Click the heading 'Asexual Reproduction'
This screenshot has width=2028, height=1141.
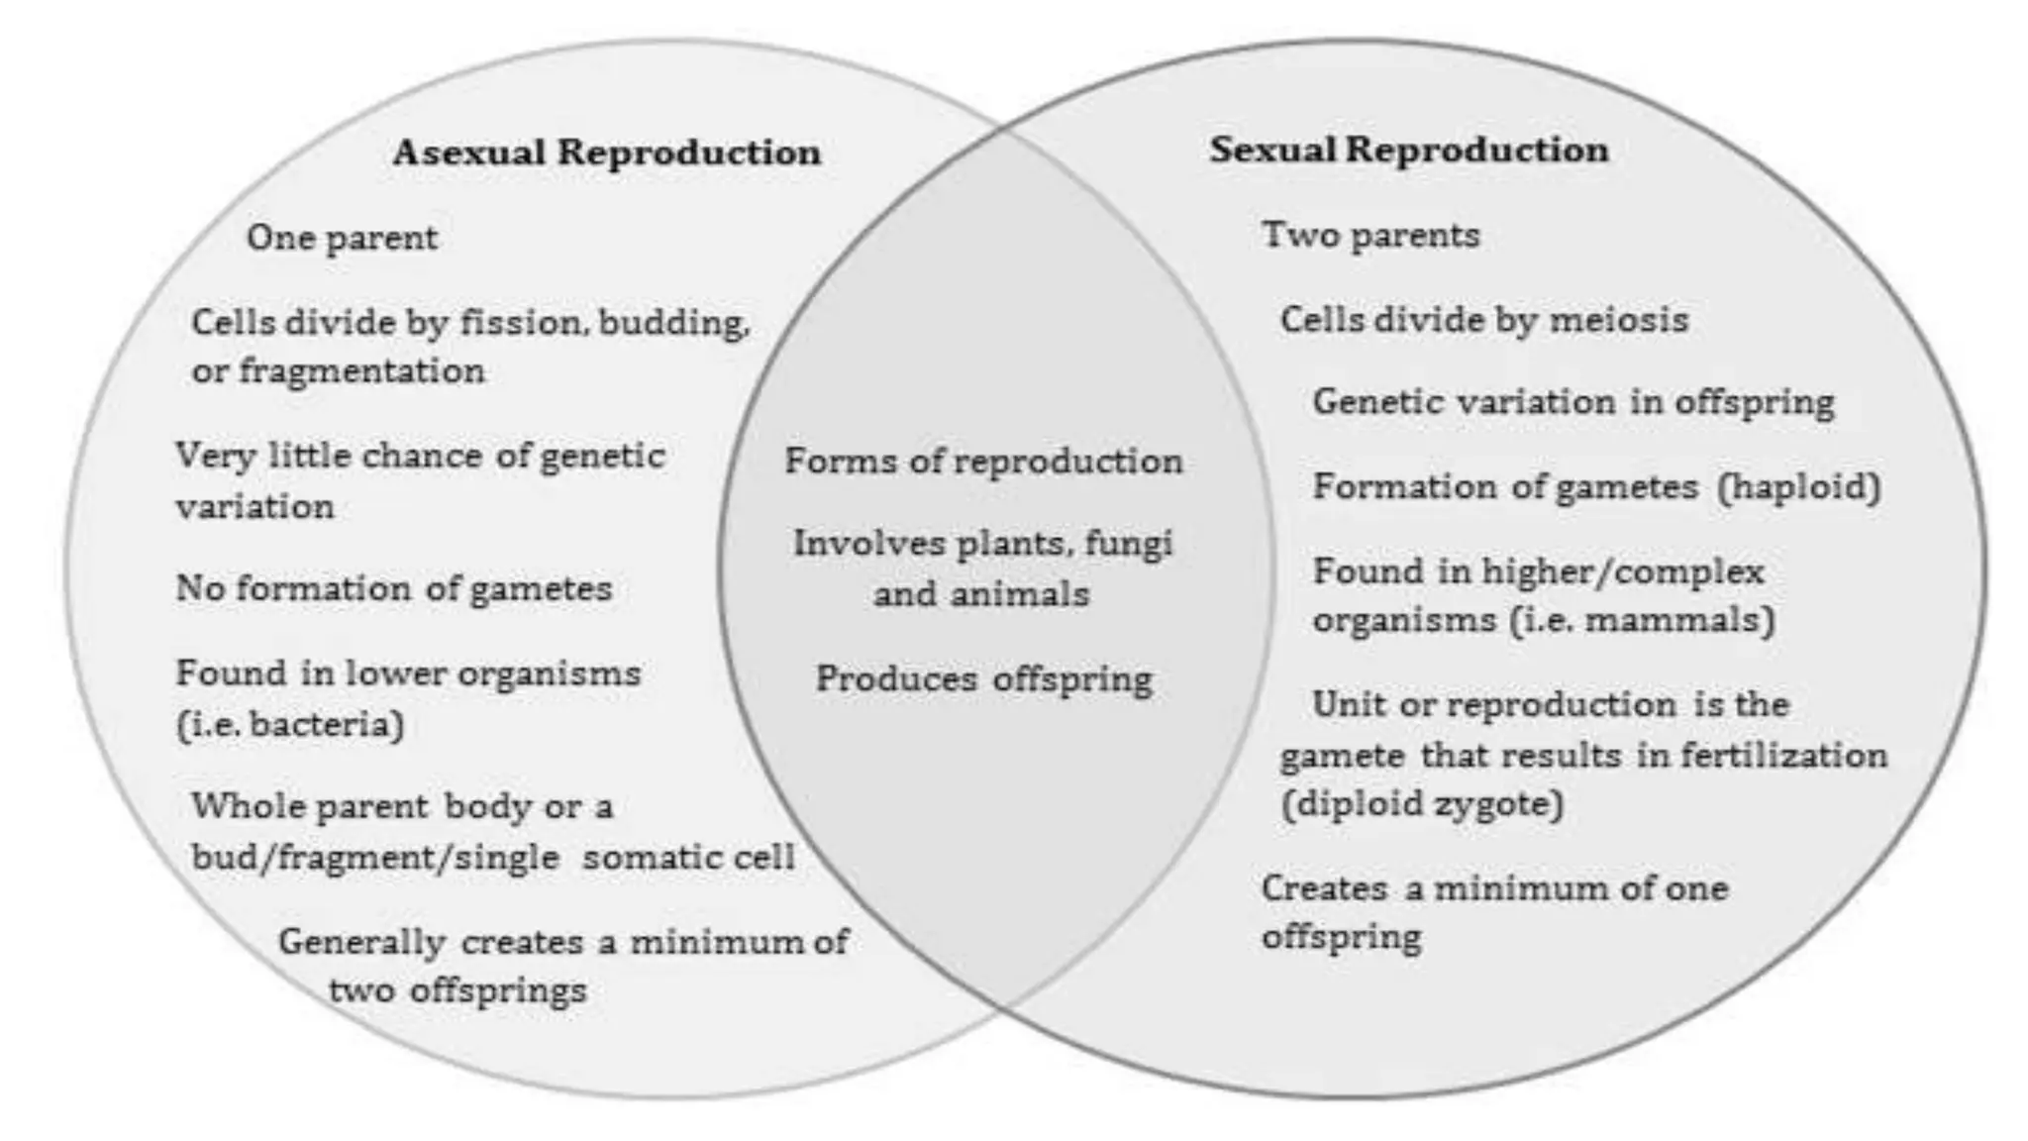pos(606,153)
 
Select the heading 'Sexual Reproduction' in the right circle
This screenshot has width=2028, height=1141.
pos(1408,150)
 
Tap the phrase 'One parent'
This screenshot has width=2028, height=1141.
pos(342,238)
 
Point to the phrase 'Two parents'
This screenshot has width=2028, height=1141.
pos(1370,235)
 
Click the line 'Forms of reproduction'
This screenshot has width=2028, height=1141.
pos(983,462)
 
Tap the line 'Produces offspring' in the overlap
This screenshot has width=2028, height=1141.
pos(983,679)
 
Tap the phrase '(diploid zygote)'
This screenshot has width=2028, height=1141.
pos(1422,803)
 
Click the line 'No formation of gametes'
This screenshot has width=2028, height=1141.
pos(394,588)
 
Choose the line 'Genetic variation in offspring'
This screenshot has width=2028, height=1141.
pos(1572,402)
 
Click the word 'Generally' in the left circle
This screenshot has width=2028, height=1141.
pos(361,942)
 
